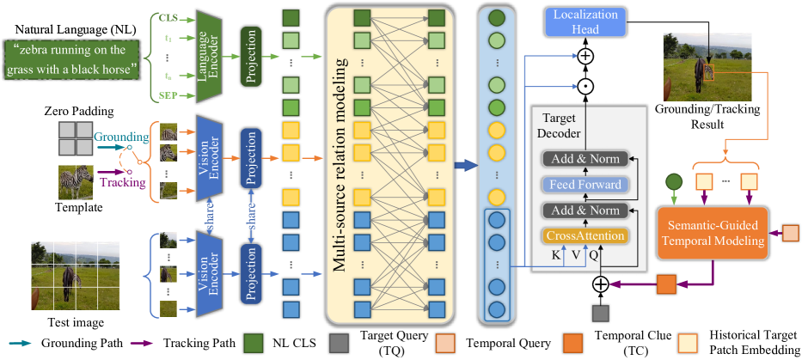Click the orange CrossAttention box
tap(583, 235)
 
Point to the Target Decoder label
tap(559, 125)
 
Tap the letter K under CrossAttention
tap(556, 256)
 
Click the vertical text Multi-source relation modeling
tap(340, 163)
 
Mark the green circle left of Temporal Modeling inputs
tap(672, 181)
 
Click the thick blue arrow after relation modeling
tap(465, 165)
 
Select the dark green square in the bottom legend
tap(253, 343)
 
